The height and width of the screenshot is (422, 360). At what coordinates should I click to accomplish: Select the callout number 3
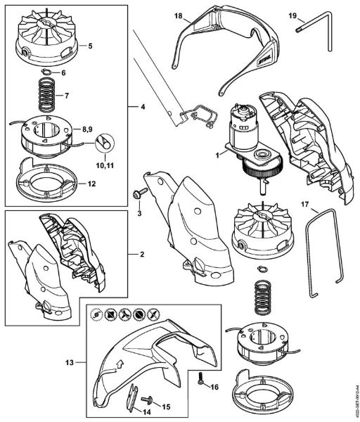[x=139, y=212]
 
